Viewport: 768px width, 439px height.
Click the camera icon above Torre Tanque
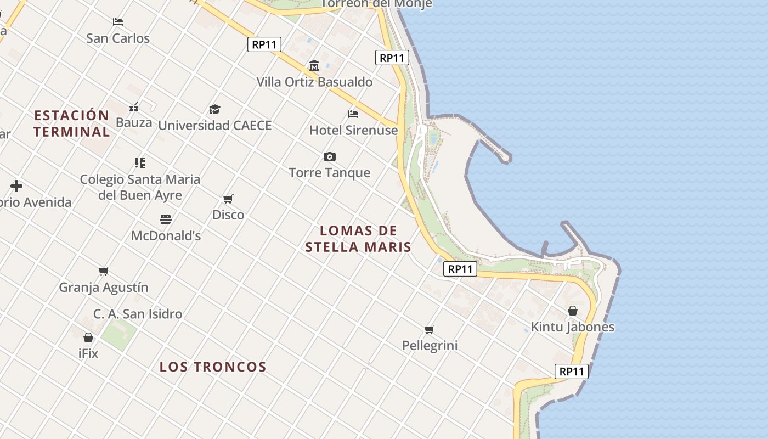(x=329, y=157)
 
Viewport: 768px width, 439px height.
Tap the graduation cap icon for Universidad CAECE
(x=214, y=109)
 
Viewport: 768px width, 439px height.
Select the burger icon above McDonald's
(x=166, y=219)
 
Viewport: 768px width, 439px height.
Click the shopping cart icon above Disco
(x=228, y=199)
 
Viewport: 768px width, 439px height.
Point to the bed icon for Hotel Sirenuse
(x=353, y=114)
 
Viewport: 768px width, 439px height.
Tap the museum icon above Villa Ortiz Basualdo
(x=314, y=66)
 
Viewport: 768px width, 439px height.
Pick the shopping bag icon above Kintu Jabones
(x=572, y=311)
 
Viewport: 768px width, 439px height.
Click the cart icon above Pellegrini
(x=430, y=329)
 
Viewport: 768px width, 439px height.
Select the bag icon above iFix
(x=88, y=337)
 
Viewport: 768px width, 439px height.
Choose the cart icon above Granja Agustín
(x=103, y=271)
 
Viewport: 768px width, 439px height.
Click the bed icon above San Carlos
(x=118, y=22)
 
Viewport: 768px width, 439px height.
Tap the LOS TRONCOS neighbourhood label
(x=213, y=367)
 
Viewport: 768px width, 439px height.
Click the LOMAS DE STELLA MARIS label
(x=358, y=239)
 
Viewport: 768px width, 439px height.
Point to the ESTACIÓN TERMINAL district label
(x=71, y=123)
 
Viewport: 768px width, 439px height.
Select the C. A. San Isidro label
(x=138, y=314)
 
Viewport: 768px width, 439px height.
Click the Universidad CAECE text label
(x=215, y=126)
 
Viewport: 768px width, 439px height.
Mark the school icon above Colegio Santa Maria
(x=139, y=162)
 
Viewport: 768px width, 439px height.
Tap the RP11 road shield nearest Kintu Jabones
(x=572, y=372)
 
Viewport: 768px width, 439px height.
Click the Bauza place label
(x=134, y=122)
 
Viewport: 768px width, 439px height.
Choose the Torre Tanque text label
(x=330, y=173)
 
